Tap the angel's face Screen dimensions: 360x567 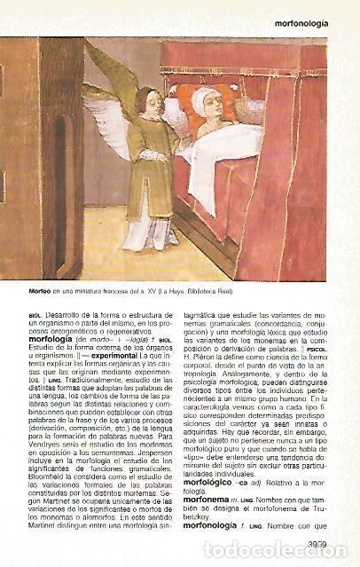point(152,104)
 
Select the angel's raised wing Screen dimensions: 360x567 point(112,84)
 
